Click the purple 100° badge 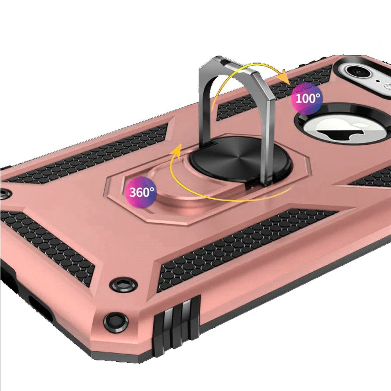click(307, 99)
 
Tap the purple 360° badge click(141, 192)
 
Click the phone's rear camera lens click(359, 72)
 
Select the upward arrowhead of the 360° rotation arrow click(177, 151)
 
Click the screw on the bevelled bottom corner click(116, 322)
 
